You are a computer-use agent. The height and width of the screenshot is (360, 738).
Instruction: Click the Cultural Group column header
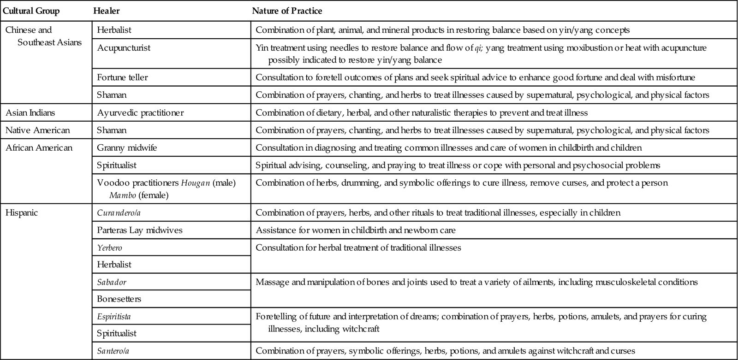(31, 11)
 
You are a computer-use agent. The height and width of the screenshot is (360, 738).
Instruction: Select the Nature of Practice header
(287, 11)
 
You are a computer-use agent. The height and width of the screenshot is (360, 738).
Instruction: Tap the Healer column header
(107, 11)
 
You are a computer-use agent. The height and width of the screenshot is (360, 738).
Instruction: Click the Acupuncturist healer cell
(124, 48)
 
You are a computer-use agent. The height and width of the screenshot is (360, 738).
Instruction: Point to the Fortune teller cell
(122, 77)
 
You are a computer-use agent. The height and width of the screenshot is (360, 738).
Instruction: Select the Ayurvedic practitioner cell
(140, 112)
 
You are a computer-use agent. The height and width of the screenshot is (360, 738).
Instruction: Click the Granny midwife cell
(127, 148)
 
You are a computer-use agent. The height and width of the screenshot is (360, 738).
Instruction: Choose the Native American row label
(37, 130)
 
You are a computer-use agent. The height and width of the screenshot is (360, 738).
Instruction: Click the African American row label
(39, 148)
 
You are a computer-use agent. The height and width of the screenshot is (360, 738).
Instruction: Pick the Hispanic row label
(22, 213)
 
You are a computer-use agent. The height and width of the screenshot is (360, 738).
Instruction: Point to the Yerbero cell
(109, 248)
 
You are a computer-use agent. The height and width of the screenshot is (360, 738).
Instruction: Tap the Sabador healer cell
(112, 282)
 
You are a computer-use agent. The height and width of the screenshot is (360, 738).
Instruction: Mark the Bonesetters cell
(119, 299)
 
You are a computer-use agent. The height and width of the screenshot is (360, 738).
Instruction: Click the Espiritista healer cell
(117, 317)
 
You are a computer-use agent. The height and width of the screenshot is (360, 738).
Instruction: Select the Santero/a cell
(113, 351)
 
